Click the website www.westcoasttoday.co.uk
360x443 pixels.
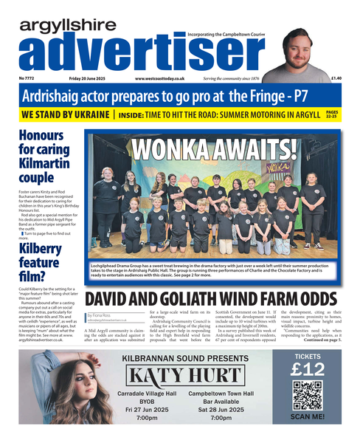click(159, 78)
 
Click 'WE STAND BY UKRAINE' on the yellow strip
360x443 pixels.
click(66, 116)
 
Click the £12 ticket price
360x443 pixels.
click(308, 367)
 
